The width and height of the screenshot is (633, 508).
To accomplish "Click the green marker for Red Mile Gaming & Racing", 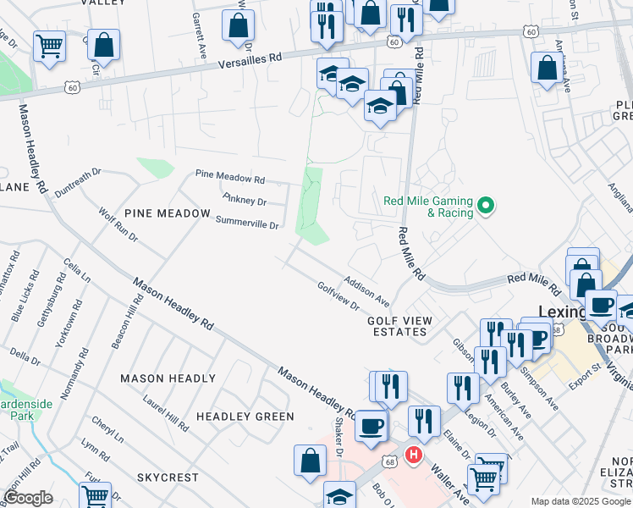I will [486, 206].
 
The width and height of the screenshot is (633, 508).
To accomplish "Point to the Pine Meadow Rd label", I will [230, 179].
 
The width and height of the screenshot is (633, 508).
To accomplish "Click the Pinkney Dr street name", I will [245, 201].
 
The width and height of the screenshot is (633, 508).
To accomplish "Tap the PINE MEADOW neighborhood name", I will [167, 214].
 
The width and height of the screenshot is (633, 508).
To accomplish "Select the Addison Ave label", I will [366, 290].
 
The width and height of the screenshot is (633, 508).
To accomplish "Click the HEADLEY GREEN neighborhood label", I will [245, 417].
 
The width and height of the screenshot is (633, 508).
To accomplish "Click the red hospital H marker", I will [413, 456].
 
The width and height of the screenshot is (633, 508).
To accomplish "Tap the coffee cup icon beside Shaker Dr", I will [371, 426].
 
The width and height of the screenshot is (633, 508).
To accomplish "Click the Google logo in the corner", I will [28, 498].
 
